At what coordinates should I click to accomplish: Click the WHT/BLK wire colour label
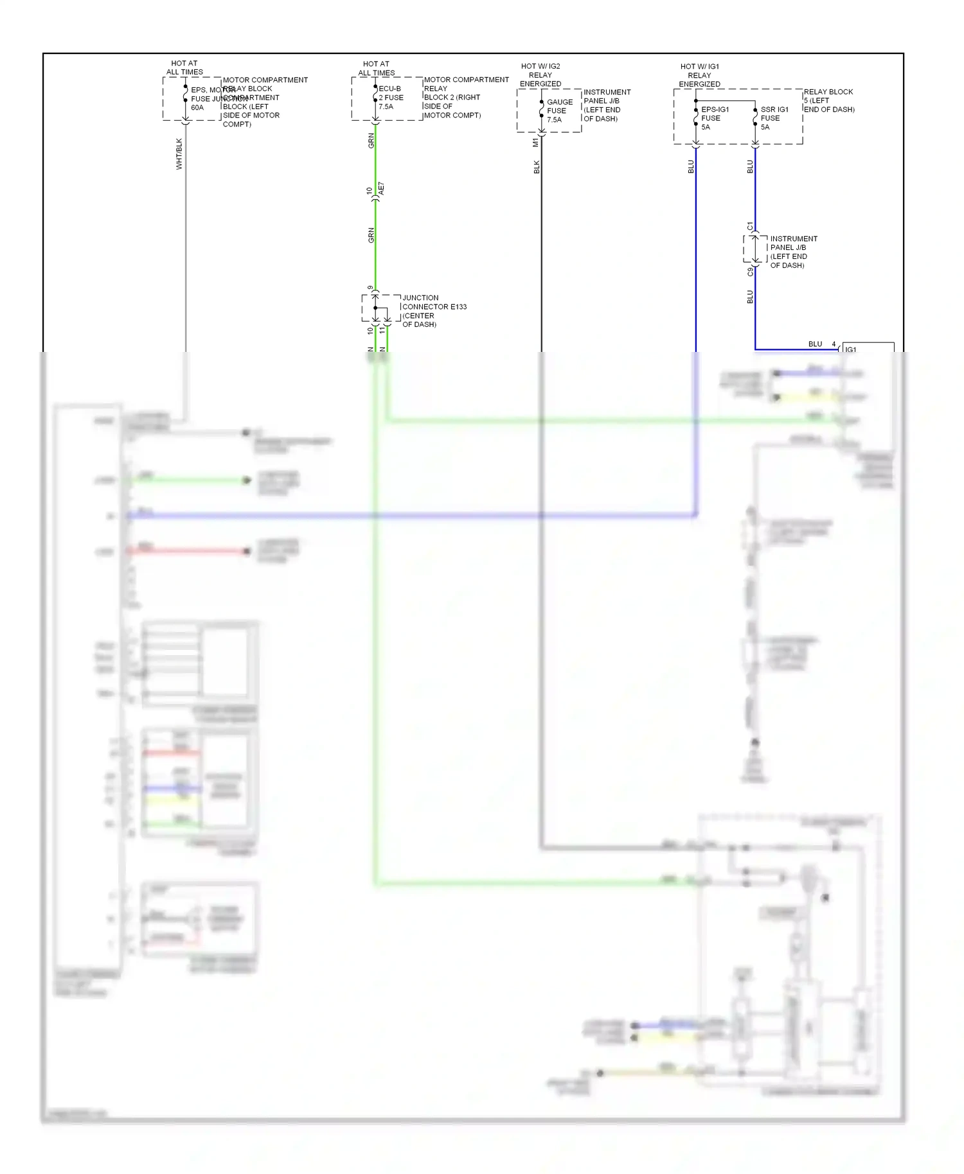point(179,154)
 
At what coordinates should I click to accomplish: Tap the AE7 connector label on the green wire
point(381,189)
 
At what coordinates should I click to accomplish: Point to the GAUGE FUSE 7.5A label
point(559,110)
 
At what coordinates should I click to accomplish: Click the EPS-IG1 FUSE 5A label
point(714,118)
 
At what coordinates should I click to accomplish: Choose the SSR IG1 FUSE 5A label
point(774,118)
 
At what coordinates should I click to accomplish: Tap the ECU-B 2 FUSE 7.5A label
point(391,98)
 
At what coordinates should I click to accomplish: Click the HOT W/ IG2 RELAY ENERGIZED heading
point(540,75)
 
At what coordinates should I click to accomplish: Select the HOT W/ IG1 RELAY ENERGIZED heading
point(700,75)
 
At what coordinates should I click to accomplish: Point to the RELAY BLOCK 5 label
point(828,100)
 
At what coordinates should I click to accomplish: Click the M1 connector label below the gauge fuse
point(535,143)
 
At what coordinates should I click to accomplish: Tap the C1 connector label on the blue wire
point(750,226)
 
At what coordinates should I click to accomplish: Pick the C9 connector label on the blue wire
point(750,272)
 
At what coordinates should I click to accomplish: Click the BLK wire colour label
point(537,167)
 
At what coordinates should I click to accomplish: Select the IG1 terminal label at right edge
point(851,349)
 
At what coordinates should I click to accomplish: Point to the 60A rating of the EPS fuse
point(197,108)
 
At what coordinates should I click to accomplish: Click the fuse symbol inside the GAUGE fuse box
point(542,109)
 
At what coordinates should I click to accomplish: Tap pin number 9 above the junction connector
point(370,288)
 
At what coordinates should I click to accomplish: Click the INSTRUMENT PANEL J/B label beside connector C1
point(793,252)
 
